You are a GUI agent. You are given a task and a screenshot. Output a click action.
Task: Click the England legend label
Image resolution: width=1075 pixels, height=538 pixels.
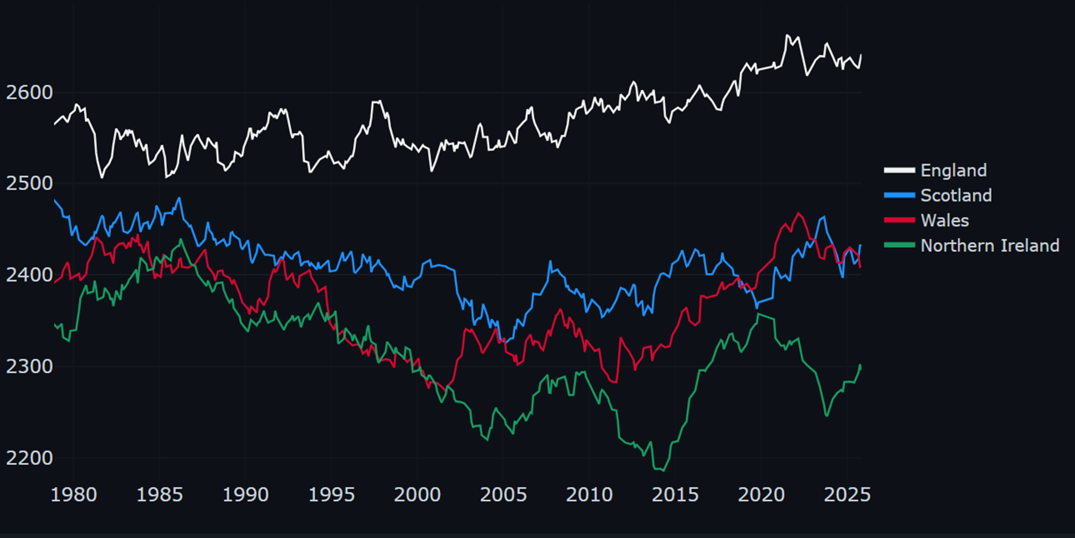click(953, 170)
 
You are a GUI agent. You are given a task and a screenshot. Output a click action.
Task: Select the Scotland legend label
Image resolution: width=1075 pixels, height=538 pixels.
click(956, 196)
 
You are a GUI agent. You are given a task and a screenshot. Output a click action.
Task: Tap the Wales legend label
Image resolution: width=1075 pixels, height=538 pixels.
click(944, 220)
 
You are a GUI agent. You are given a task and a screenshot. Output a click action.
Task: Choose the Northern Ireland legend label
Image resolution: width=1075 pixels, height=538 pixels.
click(990, 246)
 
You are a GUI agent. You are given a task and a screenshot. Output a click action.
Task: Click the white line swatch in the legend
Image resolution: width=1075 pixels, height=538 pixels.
click(899, 170)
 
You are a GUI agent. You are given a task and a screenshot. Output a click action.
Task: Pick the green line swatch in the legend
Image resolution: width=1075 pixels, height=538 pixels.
click(899, 246)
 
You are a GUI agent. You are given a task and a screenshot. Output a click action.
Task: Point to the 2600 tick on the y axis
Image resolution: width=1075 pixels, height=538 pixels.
click(29, 92)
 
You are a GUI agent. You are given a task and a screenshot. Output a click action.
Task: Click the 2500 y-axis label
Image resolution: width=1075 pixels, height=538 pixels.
click(29, 183)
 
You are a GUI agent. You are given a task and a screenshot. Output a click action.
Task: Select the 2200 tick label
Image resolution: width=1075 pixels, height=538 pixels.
click(29, 458)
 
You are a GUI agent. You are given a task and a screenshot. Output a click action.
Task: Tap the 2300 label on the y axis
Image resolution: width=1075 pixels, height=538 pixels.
click(29, 367)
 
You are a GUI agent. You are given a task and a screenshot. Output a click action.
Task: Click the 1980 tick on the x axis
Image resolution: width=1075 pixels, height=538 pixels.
click(74, 494)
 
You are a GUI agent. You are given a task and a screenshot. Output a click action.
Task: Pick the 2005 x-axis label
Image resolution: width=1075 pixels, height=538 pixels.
click(503, 494)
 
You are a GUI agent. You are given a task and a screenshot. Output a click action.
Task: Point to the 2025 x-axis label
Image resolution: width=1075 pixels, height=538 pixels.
click(847, 494)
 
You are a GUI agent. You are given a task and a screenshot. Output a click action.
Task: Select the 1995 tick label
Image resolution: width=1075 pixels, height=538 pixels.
click(331, 494)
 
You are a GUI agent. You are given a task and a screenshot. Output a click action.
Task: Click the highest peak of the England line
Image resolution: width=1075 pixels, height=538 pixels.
click(787, 35)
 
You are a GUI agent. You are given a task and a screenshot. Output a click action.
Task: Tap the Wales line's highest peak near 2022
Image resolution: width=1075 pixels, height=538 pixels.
click(798, 213)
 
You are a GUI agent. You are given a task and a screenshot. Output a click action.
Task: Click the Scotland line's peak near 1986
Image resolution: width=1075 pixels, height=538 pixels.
click(180, 198)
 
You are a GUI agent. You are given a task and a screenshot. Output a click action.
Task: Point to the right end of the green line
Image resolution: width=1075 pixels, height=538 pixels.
click(860, 365)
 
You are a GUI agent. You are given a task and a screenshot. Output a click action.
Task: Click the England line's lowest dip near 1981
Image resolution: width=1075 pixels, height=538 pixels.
click(102, 177)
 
